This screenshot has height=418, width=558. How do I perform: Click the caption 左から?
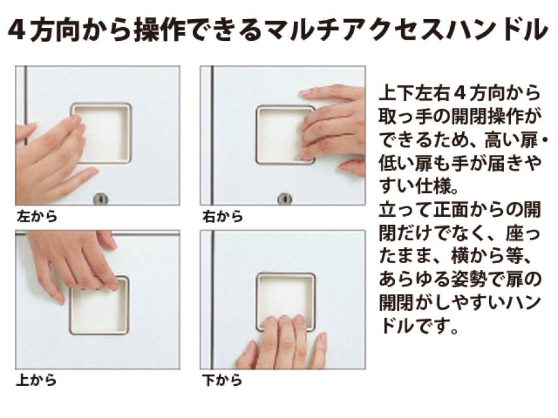37,216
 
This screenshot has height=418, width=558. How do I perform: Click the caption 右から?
223,216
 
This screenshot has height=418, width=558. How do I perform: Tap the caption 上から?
37,380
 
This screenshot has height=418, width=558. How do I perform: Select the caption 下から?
223,380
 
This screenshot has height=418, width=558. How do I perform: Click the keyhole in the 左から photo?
100,199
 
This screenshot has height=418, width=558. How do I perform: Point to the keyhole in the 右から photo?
285,199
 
